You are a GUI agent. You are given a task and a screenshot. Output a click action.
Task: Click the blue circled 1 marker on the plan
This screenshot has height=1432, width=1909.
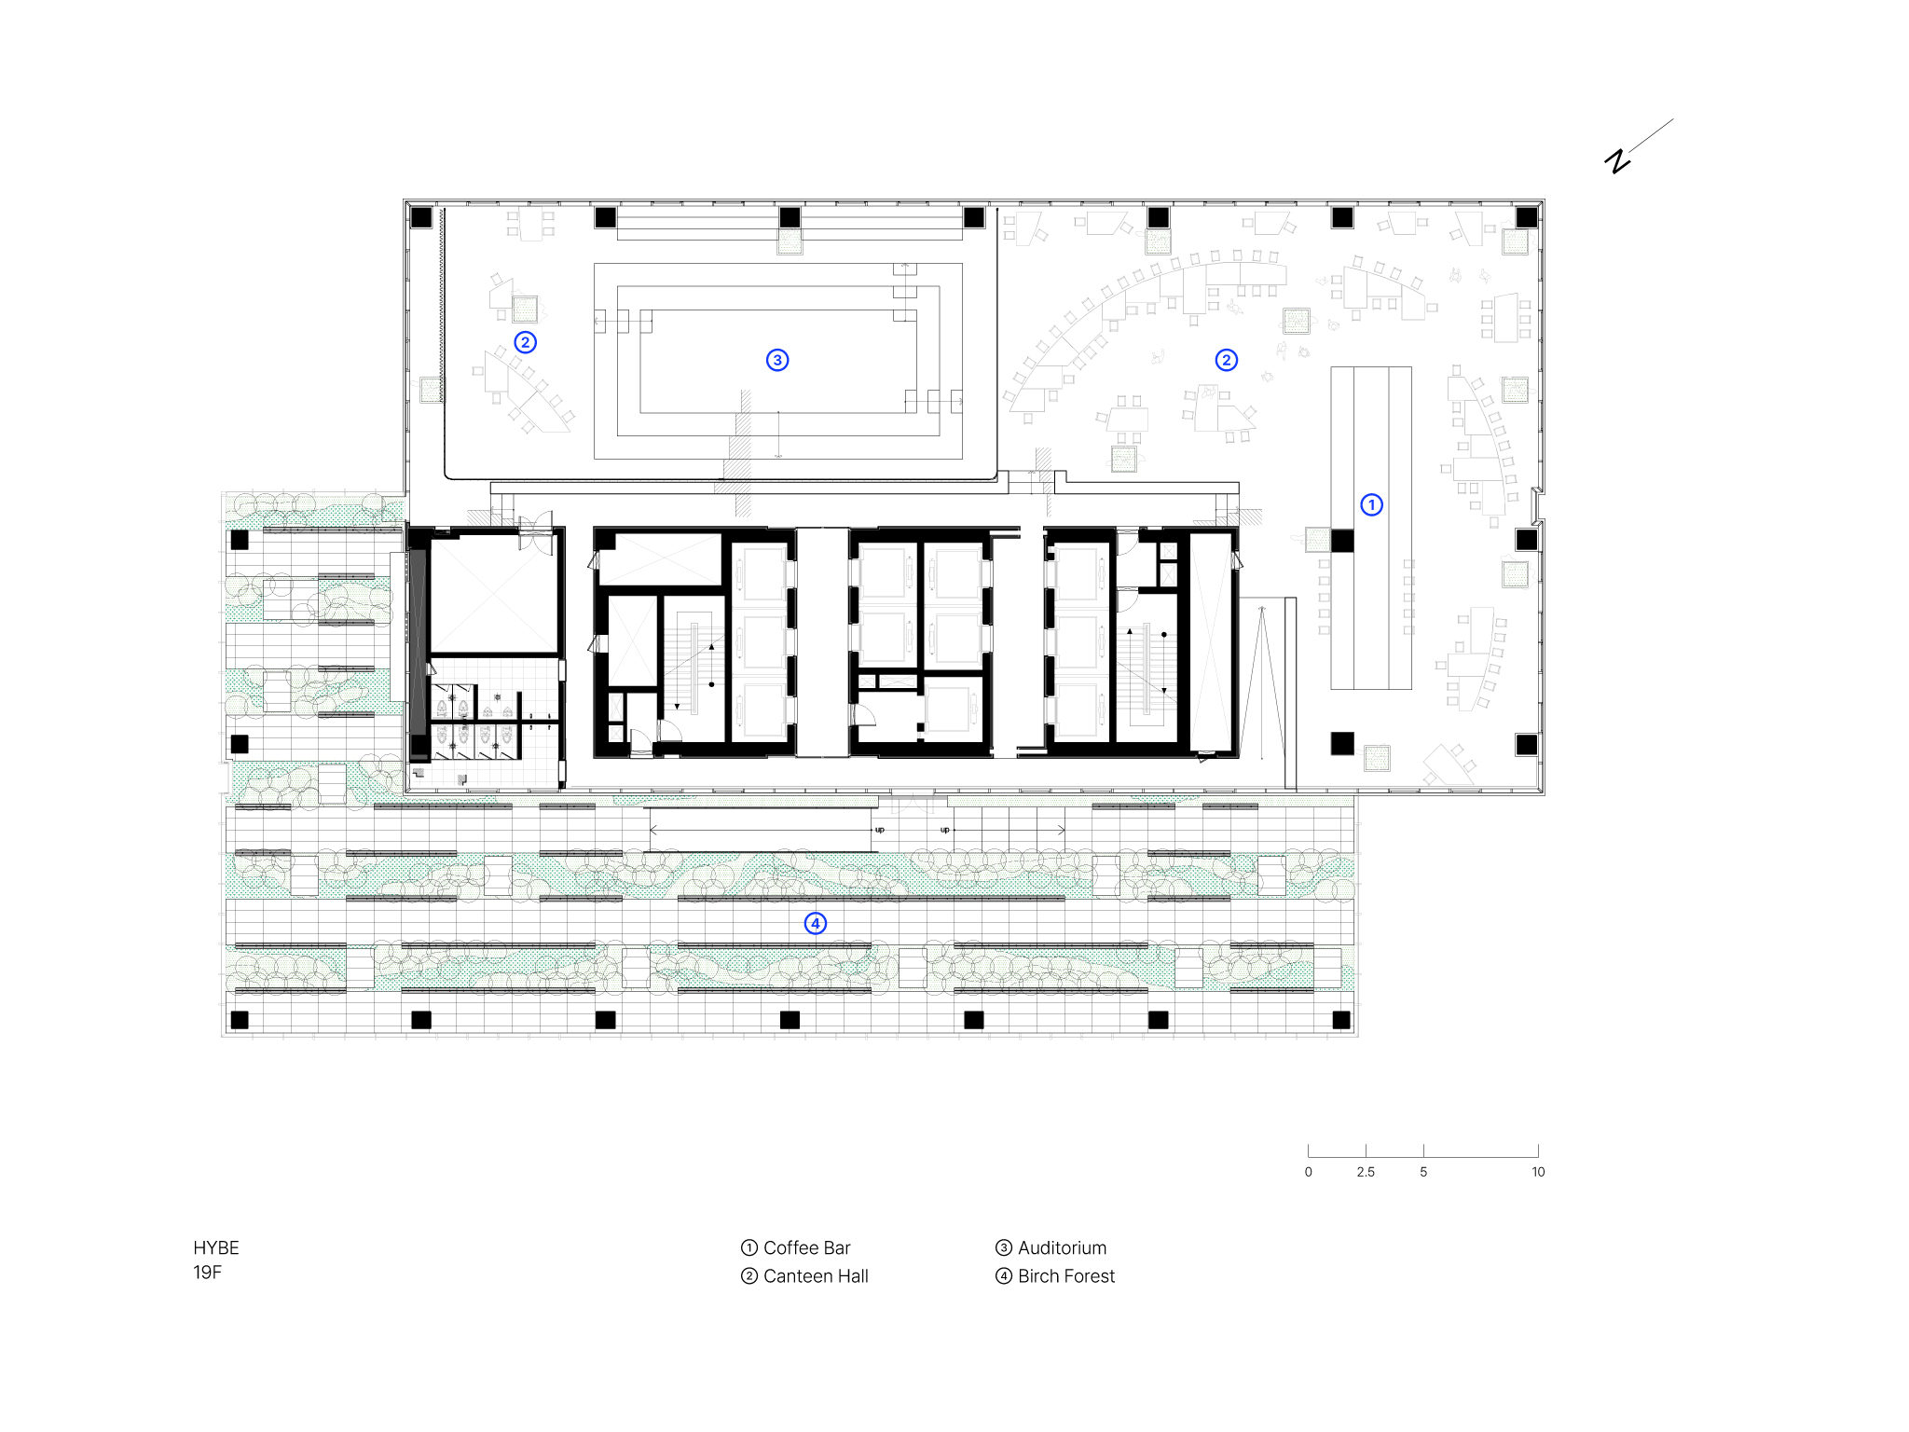click(1371, 504)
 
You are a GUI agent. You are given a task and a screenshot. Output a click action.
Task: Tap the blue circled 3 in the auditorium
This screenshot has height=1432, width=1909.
click(777, 360)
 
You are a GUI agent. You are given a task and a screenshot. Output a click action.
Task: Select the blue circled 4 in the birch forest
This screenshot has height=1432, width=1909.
click(816, 923)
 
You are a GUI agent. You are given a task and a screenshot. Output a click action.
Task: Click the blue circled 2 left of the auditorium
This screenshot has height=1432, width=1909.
click(526, 342)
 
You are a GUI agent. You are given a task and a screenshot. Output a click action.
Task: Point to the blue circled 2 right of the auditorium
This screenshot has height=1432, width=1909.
click(1227, 360)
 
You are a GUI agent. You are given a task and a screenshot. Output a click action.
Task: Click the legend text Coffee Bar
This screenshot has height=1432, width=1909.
click(807, 1247)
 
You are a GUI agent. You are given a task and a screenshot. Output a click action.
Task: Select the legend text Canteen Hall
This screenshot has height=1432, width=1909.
click(816, 1276)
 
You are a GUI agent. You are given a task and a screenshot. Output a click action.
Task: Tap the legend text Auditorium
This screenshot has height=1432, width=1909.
click(1063, 1247)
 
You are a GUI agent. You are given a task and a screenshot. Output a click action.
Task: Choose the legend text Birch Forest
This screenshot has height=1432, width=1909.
click(1066, 1276)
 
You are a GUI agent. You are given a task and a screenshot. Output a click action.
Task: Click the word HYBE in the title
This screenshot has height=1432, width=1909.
click(216, 1247)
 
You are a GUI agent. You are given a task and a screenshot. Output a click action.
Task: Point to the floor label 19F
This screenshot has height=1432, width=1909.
click(207, 1273)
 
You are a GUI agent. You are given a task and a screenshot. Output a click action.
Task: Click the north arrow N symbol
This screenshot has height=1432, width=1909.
click(1618, 160)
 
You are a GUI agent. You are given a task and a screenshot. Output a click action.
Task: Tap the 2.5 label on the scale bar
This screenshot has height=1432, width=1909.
click(1366, 1172)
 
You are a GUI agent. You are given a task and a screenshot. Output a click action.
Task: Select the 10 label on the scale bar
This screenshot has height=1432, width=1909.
click(1538, 1172)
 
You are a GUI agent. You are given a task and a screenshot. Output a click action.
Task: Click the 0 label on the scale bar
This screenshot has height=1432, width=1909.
click(1309, 1172)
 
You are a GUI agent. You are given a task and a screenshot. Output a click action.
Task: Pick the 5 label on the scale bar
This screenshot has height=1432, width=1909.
click(1423, 1172)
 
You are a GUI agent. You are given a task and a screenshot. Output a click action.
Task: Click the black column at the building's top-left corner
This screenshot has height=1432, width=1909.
click(421, 217)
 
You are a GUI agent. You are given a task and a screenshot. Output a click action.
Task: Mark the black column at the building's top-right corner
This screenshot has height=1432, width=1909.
click(1527, 217)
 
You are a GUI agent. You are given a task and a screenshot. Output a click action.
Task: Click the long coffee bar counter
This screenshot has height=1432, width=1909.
click(1371, 528)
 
